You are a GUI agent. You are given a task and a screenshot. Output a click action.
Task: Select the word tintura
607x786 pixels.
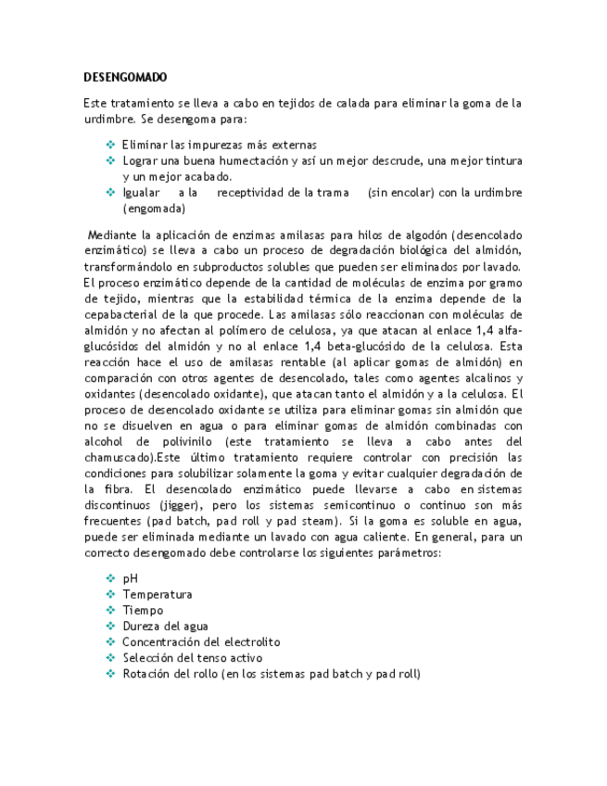click(502, 161)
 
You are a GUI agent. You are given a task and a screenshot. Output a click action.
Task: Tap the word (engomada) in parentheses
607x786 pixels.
click(154, 209)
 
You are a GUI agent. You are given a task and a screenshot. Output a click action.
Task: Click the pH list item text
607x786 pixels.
click(130, 578)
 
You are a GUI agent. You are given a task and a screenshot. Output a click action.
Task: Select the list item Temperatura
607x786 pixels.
click(158, 594)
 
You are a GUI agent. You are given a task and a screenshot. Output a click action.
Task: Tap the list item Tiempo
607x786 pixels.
click(143, 610)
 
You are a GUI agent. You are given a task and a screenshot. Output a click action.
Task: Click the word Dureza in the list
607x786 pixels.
click(141, 626)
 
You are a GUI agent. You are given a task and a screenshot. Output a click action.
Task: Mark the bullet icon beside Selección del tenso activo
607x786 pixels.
click(110, 657)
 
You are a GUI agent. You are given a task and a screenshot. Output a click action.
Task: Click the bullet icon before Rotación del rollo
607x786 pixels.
click(110, 673)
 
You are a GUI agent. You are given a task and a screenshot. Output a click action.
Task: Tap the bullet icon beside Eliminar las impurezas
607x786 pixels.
click(110, 145)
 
